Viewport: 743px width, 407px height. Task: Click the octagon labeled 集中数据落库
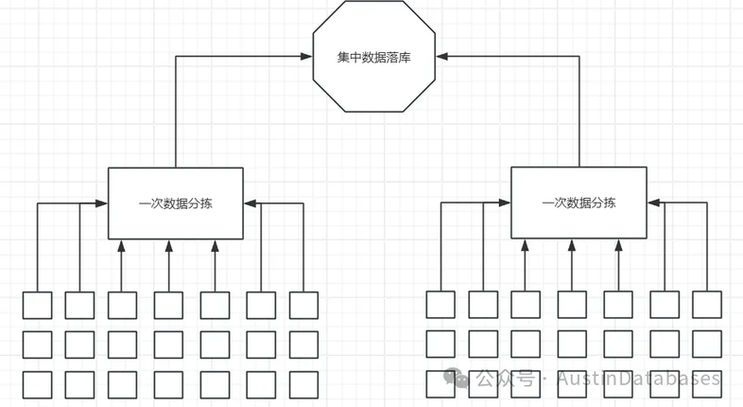(x=374, y=57)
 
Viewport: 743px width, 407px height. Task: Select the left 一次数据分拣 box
(x=176, y=203)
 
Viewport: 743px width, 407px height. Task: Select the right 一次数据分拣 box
(x=579, y=203)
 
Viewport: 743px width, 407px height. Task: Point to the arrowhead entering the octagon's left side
(x=306, y=57)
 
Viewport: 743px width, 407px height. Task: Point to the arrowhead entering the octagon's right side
(x=441, y=57)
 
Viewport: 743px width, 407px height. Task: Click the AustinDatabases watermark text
(x=638, y=379)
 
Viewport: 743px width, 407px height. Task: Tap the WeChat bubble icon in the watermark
(x=456, y=378)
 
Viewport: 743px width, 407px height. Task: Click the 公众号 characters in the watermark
(x=505, y=379)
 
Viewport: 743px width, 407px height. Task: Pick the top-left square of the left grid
(x=38, y=305)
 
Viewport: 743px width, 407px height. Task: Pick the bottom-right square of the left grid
(x=303, y=384)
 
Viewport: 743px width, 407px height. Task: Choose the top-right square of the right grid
(x=707, y=305)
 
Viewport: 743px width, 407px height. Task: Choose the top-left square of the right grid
(x=441, y=305)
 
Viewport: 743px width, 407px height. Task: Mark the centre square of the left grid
(x=168, y=345)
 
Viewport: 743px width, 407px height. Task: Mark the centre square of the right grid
(x=572, y=345)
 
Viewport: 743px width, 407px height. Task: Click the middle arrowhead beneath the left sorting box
(x=168, y=245)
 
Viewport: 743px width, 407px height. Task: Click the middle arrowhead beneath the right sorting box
(x=572, y=245)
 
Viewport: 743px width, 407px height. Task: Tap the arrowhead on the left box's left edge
(x=102, y=203)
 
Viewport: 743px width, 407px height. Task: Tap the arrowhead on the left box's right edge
(x=250, y=203)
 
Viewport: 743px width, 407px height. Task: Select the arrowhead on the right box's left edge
(x=505, y=203)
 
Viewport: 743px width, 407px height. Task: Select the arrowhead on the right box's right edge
(x=653, y=203)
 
